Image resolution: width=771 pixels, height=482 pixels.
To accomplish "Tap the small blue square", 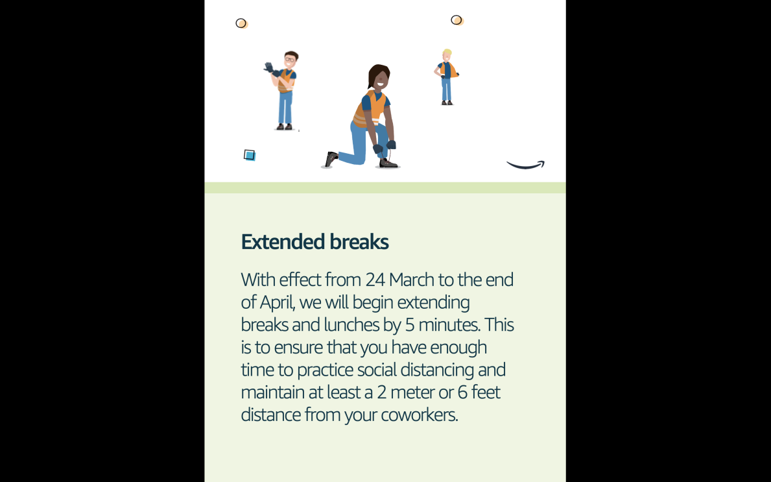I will (x=250, y=155).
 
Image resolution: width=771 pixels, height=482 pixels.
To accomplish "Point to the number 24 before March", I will (x=375, y=280).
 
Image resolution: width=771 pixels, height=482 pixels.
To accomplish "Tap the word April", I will (x=277, y=302).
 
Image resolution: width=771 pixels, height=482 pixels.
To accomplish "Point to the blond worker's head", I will (x=446, y=54).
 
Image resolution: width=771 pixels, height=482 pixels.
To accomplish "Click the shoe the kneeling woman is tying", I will (x=388, y=163).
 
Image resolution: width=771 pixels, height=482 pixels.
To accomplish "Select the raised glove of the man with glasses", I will (x=269, y=66).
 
